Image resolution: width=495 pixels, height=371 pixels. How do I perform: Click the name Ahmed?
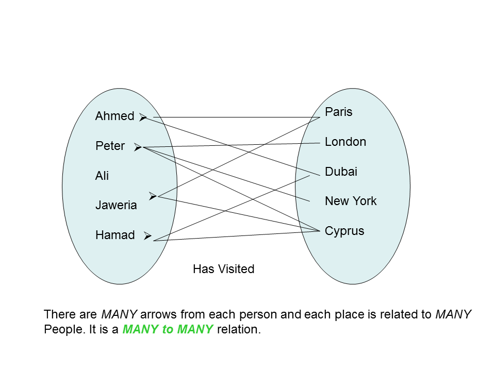coord(115,116)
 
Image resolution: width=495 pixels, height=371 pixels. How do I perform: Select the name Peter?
coord(110,146)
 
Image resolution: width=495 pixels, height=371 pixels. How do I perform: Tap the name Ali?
coord(102,175)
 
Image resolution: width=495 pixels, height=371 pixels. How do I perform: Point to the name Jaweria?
coord(116,205)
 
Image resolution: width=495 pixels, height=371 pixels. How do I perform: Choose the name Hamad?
coord(115,235)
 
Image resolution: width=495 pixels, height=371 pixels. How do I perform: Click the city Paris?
coord(339,112)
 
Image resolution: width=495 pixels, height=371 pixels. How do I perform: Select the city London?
coord(345,142)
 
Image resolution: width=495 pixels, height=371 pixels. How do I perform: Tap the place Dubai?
coord(341,171)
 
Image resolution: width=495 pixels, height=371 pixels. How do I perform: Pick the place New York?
coord(351,201)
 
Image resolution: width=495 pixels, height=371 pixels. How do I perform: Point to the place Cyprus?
coord(344,231)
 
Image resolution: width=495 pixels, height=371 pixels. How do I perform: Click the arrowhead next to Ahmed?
coord(143,117)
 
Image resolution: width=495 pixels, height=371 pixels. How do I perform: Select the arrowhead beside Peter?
coord(138,147)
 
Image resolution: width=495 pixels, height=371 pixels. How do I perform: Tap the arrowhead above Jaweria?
coord(153,196)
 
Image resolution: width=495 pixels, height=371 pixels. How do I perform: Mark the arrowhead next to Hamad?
coord(148,235)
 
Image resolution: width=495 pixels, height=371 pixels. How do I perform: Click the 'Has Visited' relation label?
coord(223,269)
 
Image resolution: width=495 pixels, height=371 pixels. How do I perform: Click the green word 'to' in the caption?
coord(168,329)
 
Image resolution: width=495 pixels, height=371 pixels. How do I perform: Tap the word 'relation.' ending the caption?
coord(239,329)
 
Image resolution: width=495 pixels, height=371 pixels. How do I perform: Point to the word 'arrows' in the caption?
coord(158,314)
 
